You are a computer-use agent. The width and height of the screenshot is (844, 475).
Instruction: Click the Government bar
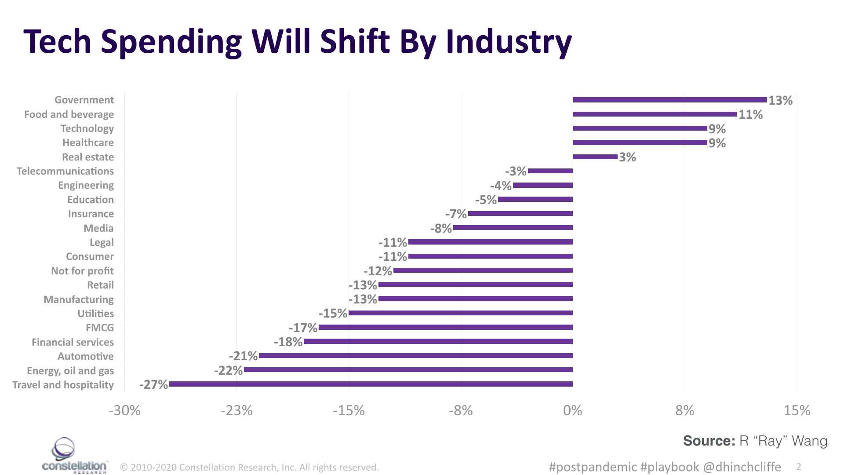click(669, 100)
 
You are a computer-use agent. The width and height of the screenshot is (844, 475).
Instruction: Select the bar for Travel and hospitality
click(371, 384)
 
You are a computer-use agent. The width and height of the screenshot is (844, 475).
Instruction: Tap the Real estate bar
click(595, 157)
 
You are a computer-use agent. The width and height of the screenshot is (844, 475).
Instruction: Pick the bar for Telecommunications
click(550, 171)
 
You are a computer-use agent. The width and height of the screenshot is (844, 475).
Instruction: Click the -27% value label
click(153, 384)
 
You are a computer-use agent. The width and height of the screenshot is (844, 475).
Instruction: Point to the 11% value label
click(750, 114)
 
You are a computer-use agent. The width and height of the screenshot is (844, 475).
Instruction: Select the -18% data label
click(288, 342)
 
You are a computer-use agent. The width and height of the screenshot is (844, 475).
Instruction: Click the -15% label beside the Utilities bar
click(333, 313)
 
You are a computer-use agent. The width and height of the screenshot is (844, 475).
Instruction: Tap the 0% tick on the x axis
click(572, 410)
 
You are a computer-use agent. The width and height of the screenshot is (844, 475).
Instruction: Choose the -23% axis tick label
click(236, 410)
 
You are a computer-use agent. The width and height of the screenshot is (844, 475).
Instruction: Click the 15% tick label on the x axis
click(797, 410)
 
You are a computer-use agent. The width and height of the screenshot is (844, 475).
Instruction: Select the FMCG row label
click(99, 328)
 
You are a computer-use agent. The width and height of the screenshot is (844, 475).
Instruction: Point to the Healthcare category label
click(88, 142)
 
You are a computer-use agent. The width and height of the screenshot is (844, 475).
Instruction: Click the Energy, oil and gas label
click(70, 371)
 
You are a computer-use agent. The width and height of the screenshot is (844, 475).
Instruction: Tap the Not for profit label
click(82, 271)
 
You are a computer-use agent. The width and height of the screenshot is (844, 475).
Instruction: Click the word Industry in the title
click(509, 42)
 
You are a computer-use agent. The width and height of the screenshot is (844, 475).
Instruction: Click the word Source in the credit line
click(708, 441)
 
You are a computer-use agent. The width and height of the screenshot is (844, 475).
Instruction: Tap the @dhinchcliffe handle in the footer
click(742, 467)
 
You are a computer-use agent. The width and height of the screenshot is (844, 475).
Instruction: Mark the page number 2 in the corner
click(798, 467)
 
